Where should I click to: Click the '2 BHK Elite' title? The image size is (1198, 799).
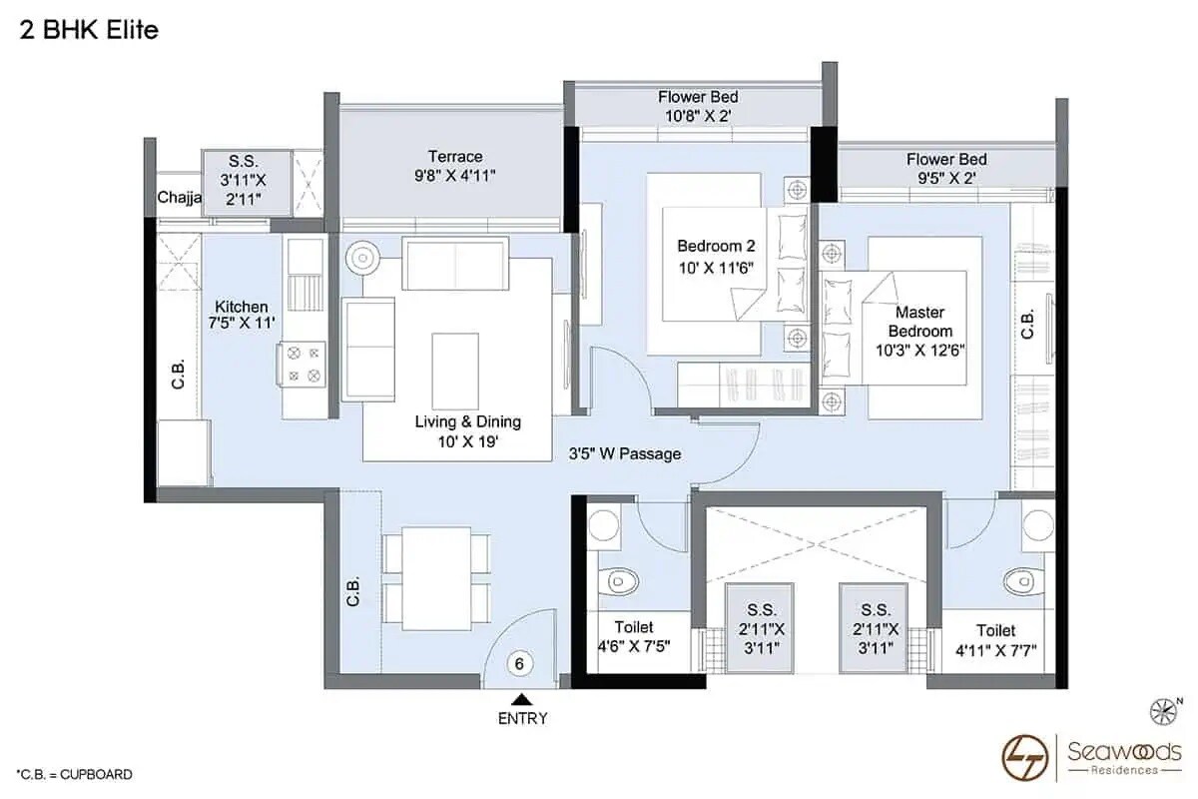click(89, 31)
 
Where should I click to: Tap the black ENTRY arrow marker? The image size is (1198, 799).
click(520, 699)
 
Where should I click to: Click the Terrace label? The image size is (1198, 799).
click(455, 166)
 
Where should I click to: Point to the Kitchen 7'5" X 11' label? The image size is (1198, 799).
click(240, 315)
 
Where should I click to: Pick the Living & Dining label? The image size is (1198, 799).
click(467, 430)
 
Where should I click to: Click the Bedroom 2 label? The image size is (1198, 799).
click(709, 255)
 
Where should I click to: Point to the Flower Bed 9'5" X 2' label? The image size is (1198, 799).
click(945, 169)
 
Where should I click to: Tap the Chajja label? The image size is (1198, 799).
click(179, 198)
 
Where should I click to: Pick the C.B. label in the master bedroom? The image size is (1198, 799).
click(1027, 325)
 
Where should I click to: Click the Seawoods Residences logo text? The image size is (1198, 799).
click(1123, 754)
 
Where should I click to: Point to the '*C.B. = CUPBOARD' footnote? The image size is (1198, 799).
click(74, 774)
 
